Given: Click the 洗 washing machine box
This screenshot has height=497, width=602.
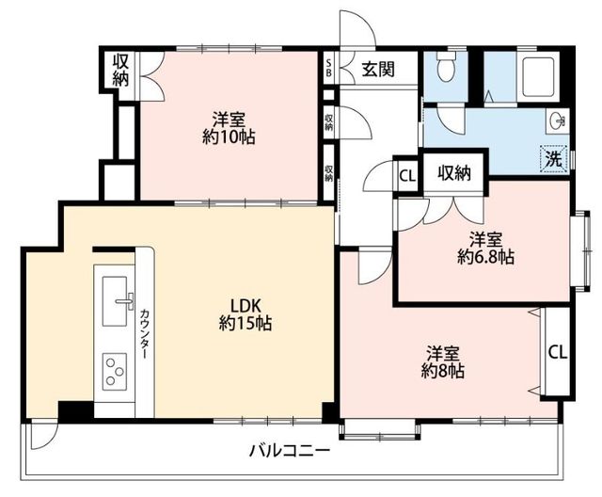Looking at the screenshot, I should [555, 159].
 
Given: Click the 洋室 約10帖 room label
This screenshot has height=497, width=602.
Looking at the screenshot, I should [229, 128].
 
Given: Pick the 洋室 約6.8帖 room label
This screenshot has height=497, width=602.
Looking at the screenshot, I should [485, 248].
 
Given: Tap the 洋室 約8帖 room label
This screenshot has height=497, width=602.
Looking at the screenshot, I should [441, 362].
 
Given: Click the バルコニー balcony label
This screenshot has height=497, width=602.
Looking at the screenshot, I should [290, 451].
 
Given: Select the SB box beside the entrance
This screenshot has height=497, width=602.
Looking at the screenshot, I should [328, 68].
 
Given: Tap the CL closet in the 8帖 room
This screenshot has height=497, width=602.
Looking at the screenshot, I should [557, 352].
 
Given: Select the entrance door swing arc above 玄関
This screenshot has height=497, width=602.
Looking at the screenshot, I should [357, 28].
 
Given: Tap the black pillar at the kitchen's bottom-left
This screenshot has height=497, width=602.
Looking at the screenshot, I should [73, 410].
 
